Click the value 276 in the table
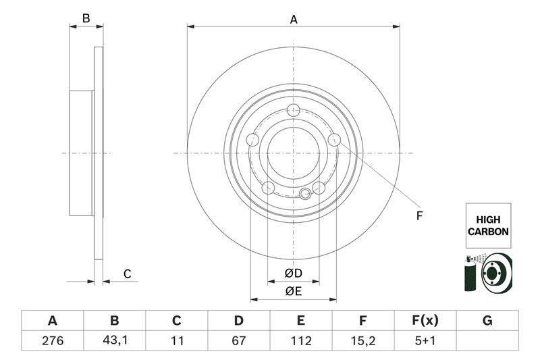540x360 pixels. pyautogui.click(x=53, y=340)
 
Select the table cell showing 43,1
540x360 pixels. pyautogui.click(x=115, y=340)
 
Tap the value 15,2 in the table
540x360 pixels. pyautogui.click(x=363, y=340)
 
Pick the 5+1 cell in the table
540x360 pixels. pyautogui.click(x=425, y=340)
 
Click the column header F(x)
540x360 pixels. pyautogui.click(x=425, y=320)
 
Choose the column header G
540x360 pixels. pyautogui.click(x=487, y=320)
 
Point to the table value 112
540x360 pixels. pyautogui.click(x=301, y=340)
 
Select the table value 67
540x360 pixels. pyautogui.click(x=239, y=340)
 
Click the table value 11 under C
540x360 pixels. pyautogui.click(x=177, y=340)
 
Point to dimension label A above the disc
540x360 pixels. pyautogui.click(x=294, y=20)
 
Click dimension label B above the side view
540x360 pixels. pyautogui.click(x=86, y=18)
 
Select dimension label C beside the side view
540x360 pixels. pyautogui.click(x=127, y=274)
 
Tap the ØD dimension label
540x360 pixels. pyautogui.click(x=293, y=274)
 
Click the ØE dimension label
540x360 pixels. pyautogui.click(x=293, y=291)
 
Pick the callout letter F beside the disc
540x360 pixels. pyautogui.click(x=418, y=216)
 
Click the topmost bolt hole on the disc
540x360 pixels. pyautogui.click(x=293, y=111)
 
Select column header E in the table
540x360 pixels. pyautogui.click(x=301, y=320)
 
